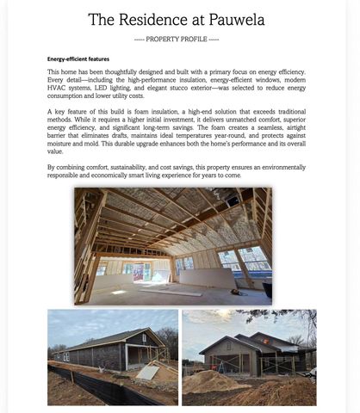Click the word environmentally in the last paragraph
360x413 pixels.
(x=279, y=166)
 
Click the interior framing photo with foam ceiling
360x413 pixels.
(x=172, y=245)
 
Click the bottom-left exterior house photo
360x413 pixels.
(x=112, y=357)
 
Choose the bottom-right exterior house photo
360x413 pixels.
(x=249, y=357)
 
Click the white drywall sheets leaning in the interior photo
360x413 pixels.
(x=207, y=278)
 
